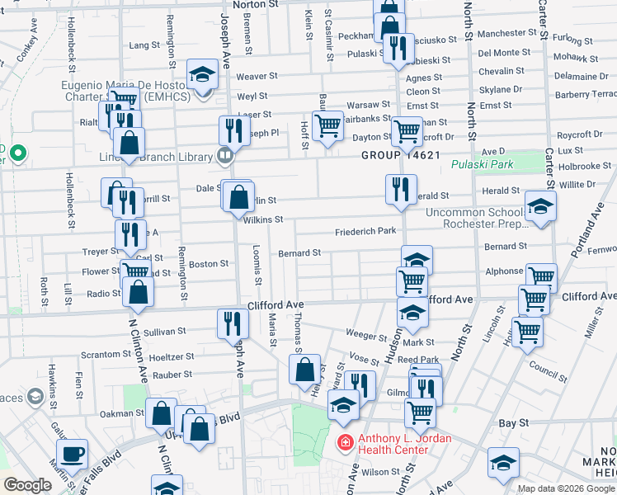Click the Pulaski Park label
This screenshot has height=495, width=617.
coord(483,165)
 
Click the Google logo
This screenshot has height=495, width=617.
coord(27,485)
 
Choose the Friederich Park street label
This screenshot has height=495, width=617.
coord(365,233)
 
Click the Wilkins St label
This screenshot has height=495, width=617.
coord(263,219)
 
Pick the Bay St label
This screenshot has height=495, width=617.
coord(513,422)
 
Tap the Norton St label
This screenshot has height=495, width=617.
coord(257,4)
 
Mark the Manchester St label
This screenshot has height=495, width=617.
coord(507,34)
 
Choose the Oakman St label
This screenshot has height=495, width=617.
coord(123,413)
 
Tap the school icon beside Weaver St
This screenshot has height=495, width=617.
coord(200,75)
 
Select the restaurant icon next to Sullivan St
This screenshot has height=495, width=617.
coord(230,323)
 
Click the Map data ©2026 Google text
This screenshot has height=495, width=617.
coord(566,488)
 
